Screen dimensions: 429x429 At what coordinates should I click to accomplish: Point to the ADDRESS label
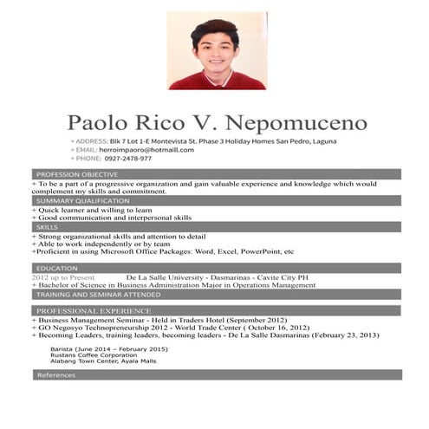tap(89, 140)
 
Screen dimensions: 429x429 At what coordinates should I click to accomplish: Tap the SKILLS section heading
tap(48, 226)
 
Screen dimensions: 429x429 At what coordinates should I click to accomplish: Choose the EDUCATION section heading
tap(57, 269)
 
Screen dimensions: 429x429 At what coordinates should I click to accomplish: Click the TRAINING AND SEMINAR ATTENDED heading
tap(98, 294)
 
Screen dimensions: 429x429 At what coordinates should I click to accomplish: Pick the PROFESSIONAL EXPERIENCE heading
tap(94, 310)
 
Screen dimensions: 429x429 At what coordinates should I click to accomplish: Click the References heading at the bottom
tap(55, 374)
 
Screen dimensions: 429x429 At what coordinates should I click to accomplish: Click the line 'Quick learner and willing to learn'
tap(94, 210)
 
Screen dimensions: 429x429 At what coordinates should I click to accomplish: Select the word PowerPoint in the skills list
tap(259, 251)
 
